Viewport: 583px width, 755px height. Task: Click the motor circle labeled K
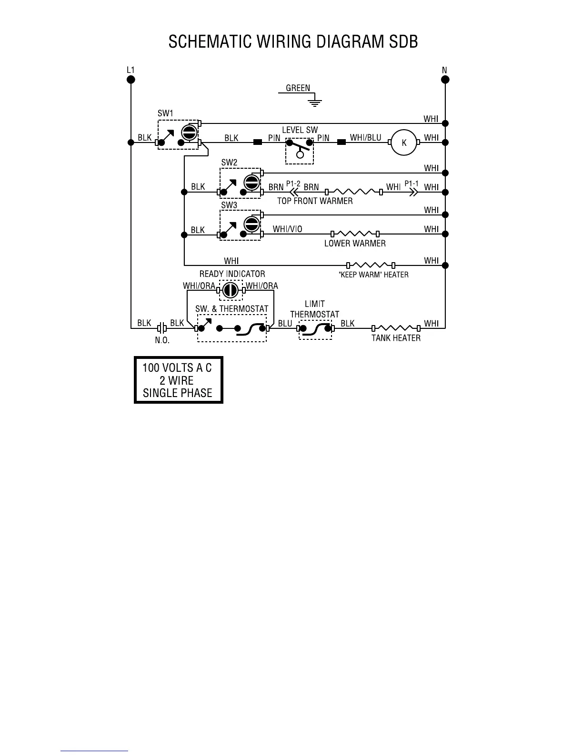pyautogui.click(x=404, y=142)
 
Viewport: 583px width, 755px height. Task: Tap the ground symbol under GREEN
pyautogui.click(x=314, y=102)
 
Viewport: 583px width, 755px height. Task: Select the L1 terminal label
pyautogui.click(x=131, y=70)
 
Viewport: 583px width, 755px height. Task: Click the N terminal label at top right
pyautogui.click(x=444, y=70)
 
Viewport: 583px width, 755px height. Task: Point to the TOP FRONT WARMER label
pyautogui.click(x=315, y=201)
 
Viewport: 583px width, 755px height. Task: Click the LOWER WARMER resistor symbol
pyautogui.click(x=355, y=234)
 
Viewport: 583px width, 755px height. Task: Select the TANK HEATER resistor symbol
pyautogui.click(x=396, y=328)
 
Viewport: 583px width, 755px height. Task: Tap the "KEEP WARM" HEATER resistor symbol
pyautogui.click(x=371, y=265)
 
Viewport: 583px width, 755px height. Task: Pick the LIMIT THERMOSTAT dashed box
pyautogui.click(x=315, y=329)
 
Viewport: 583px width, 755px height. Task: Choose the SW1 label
pyautogui.click(x=165, y=113)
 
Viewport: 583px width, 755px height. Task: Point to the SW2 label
pyautogui.click(x=229, y=162)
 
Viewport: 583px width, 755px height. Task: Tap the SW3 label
pyautogui.click(x=229, y=205)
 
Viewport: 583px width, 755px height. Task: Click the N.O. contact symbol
pyautogui.click(x=162, y=328)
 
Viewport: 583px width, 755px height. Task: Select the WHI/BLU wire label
pyautogui.click(x=365, y=138)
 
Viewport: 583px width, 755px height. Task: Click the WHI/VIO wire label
pyautogui.click(x=287, y=229)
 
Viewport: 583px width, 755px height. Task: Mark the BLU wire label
pyautogui.click(x=285, y=323)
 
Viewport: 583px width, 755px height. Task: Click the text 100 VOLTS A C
pyautogui.click(x=177, y=368)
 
